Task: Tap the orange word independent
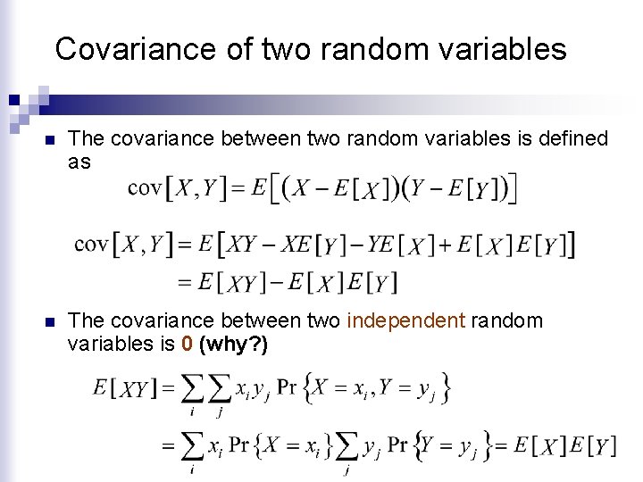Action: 405,320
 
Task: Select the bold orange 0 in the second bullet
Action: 187,345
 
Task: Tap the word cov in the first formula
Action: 145,187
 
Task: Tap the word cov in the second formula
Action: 92,243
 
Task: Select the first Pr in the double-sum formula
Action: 287,387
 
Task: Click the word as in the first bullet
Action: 79,162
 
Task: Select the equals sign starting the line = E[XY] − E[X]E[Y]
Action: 184,283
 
